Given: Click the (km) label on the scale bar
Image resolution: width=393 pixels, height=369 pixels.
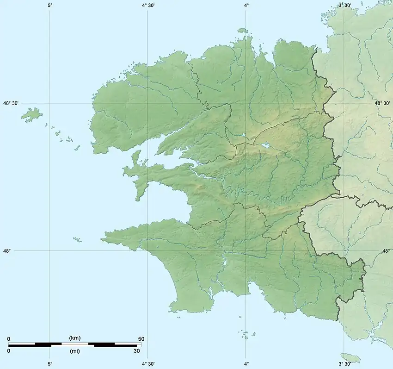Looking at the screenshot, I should coord(74,338).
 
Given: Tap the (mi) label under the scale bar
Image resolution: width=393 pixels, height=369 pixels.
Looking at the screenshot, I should coord(74,351).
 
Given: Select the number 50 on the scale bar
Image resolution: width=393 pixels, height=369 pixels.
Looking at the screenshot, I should coord(141,339).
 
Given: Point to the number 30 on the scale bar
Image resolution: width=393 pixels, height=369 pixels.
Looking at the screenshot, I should coord(136,351).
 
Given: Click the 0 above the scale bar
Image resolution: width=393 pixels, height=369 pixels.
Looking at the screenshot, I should coord(9,339).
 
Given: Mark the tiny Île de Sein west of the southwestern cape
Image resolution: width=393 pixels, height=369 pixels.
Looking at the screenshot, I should coord(77,240).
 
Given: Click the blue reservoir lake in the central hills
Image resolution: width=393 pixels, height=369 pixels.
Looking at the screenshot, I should coord(267,146).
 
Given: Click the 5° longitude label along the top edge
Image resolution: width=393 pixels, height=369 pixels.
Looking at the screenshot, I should coord(49,5).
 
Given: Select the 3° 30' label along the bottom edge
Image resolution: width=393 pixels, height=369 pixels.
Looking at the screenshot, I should coord(344,363).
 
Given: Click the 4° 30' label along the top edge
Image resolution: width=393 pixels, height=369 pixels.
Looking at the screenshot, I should coord(147,5).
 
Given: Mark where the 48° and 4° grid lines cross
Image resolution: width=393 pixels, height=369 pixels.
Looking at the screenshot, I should coord(246,250).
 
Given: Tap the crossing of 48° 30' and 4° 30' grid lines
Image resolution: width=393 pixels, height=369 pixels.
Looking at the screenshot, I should coord(147,103).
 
